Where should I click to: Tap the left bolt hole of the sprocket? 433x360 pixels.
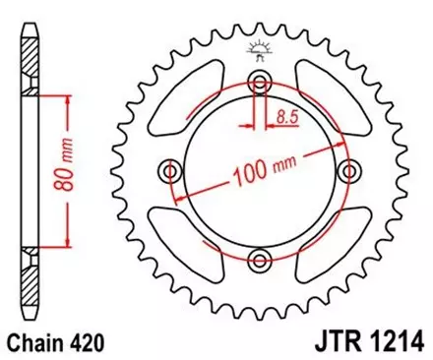pos(171,172)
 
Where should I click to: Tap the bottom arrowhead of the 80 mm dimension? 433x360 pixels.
pos(67,243)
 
